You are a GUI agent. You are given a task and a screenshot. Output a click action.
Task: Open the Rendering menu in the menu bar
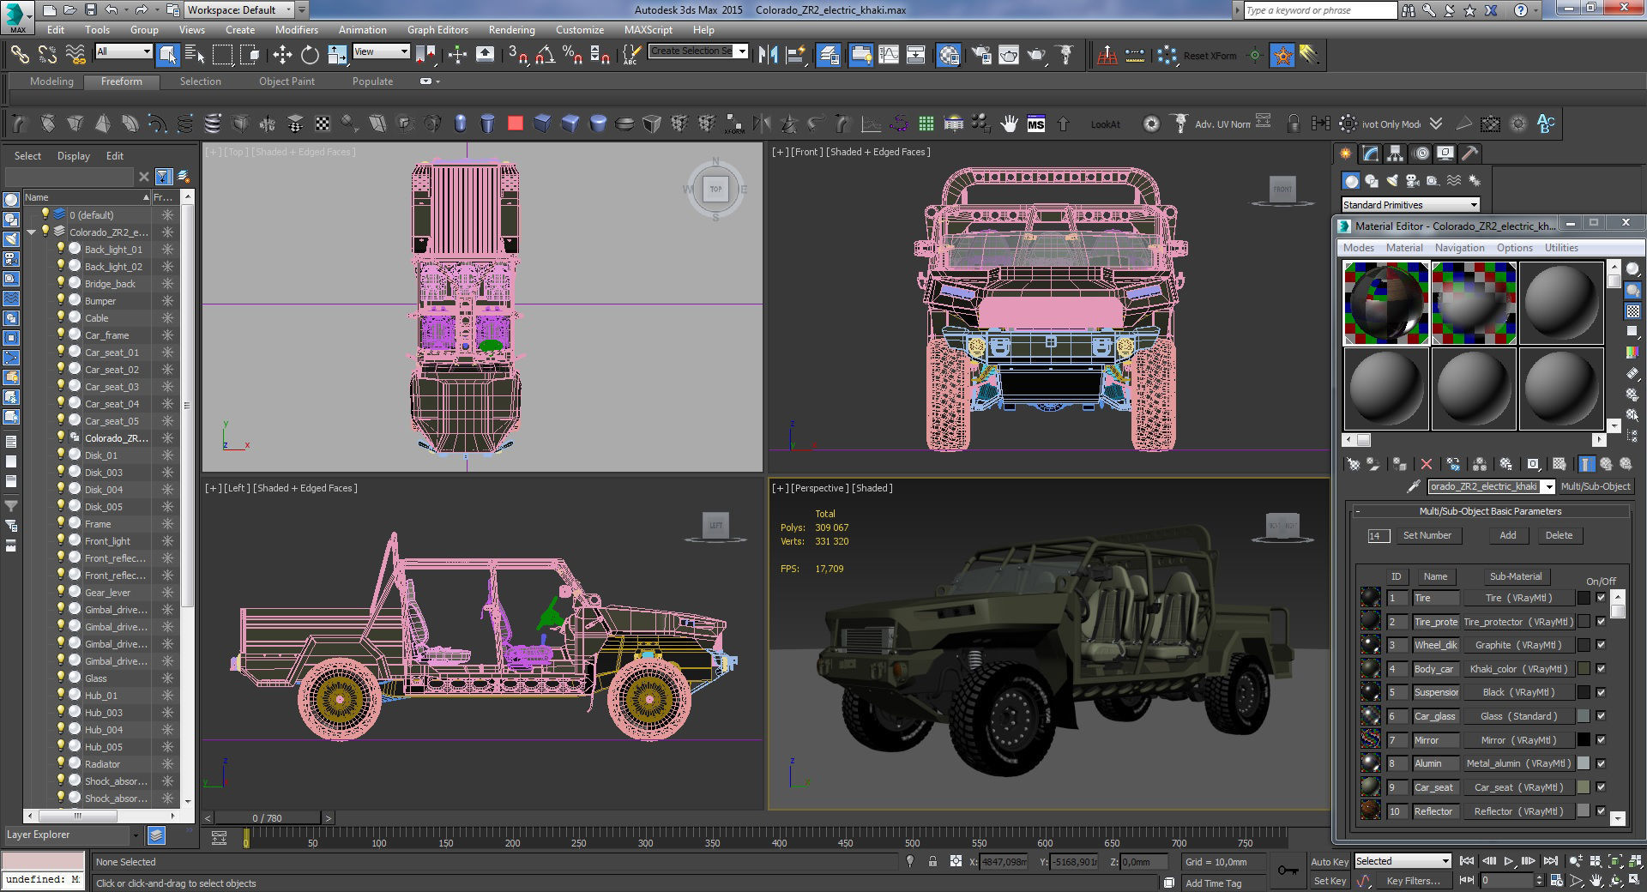(511, 29)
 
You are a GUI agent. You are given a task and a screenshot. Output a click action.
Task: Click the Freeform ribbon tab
(122, 81)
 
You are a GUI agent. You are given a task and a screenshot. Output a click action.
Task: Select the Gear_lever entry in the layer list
(107, 593)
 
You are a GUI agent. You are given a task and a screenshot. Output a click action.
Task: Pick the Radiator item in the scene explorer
(102, 764)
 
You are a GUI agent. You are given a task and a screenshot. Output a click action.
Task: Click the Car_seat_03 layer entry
(112, 387)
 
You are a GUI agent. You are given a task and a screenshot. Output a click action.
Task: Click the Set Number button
(1427, 535)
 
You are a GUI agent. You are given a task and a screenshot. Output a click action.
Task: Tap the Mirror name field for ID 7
(1434, 740)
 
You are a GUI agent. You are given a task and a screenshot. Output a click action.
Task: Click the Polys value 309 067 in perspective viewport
(831, 527)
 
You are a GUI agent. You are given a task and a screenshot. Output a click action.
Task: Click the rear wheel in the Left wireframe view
(338, 700)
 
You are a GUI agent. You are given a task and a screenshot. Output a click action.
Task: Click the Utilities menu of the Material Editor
(1560, 248)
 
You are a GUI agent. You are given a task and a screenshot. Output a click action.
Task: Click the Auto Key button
(1329, 861)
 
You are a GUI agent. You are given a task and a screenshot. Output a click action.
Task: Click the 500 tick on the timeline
(912, 842)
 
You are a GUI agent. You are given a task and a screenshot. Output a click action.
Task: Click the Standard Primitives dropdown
(1410, 205)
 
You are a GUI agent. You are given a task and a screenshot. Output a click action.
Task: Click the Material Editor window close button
(1625, 223)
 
